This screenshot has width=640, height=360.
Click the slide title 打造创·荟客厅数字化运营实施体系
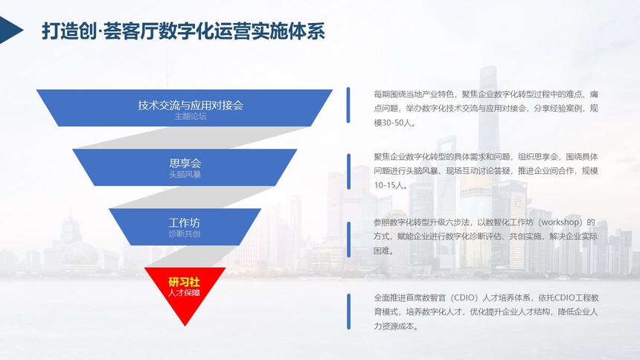click(183, 31)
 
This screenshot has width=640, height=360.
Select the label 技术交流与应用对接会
click(191, 106)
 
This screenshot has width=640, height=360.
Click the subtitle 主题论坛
click(191, 116)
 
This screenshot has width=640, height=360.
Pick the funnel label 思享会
click(185, 164)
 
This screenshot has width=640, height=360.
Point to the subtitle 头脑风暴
click(185, 174)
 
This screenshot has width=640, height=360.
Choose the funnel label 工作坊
click(185, 223)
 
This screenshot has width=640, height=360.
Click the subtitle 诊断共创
click(185, 234)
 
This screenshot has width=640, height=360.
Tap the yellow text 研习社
click(185, 282)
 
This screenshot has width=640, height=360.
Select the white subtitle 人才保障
click(185, 292)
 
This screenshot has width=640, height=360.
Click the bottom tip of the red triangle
click(185, 326)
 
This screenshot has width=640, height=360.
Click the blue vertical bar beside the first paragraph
click(348, 105)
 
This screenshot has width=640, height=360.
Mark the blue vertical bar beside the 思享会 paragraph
click(348, 171)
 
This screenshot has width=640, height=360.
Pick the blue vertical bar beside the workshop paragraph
click(348, 240)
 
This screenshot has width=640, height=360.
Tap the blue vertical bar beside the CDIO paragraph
click(348, 312)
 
